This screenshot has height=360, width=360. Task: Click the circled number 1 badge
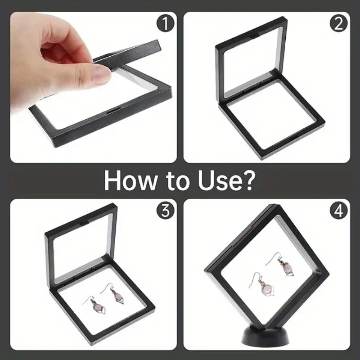tap(165, 23)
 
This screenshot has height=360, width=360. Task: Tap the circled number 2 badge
tap(339, 23)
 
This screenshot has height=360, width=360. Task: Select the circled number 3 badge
tap(165, 210)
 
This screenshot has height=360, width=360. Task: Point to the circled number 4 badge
tap(339, 210)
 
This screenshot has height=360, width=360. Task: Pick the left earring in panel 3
tap(94, 305)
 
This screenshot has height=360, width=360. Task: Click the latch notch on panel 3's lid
tap(85, 222)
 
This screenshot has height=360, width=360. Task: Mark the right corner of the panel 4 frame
tap(329, 274)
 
